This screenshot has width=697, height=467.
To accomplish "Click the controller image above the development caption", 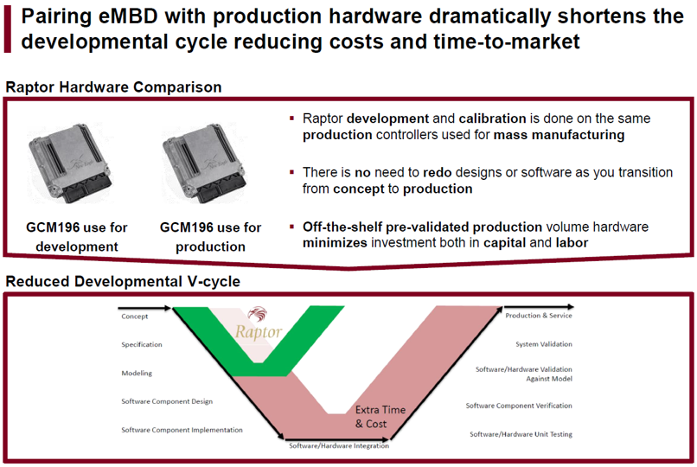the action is click(70, 163).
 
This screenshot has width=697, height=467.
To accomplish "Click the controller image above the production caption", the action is click(204, 163).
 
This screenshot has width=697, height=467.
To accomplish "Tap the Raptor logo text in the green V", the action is click(259, 332).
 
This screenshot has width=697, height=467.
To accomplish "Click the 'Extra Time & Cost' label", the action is click(380, 417).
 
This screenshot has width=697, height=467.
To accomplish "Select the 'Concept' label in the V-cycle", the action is click(135, 317).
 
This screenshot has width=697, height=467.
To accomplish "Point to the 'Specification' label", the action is click(142, 344).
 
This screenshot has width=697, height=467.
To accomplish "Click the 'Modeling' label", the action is click(137, 374).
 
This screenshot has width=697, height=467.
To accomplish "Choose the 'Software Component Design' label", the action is click(167, 401).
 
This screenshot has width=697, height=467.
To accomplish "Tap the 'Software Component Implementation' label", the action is click(182, 430).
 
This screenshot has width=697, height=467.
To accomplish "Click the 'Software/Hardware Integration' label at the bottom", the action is click(339, 445).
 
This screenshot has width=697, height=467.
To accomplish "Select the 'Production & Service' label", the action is click(539, 316).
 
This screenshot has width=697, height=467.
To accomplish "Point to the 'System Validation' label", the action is click(544, 344).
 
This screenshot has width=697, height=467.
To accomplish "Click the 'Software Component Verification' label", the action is click(519, 406).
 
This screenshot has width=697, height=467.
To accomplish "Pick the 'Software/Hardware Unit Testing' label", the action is click(521, 434).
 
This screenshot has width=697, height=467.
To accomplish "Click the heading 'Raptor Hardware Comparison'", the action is click(114, 87).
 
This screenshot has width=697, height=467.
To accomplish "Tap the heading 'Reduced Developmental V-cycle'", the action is click(123, 281).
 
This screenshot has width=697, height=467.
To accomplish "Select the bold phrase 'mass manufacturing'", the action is click(560, 135).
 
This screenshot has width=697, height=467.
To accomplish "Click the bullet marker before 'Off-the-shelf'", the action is click(292, 227).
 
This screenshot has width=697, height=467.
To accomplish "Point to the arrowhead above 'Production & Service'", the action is click(571, 307).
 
